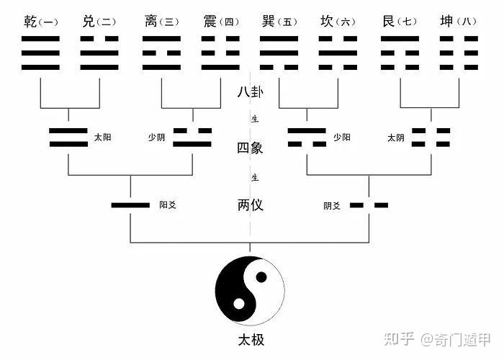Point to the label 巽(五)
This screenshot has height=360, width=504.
pyautogui.click(x=278, y=22)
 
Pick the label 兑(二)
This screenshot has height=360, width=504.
pyautogui.click(x=99, y=22)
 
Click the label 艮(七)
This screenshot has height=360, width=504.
pyautogui.click(x=400, y=22)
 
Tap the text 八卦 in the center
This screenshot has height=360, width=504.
pyautogui.click(x=250, y=92)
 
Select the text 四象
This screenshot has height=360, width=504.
pyautogui.click(x=250, y=148)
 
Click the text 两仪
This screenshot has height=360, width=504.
pyautogui.click(x=250, y=205)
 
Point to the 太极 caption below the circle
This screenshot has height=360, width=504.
pyautogui.click(x=251, y=339)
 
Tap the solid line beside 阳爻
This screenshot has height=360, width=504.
pyautogui.click(x=130, y=206)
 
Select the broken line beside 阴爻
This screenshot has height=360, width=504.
pyautogui.click(x=369, y=206)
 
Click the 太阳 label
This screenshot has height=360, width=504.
pyautogui.click(x=102, y=137)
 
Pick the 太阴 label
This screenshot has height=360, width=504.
pyautogui.click(x=396, y=137)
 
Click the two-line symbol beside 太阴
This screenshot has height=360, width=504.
pyautogui.click(x=431, y=137)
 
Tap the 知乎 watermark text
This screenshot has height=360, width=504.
pyautogui.click(x=400, y=338)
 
